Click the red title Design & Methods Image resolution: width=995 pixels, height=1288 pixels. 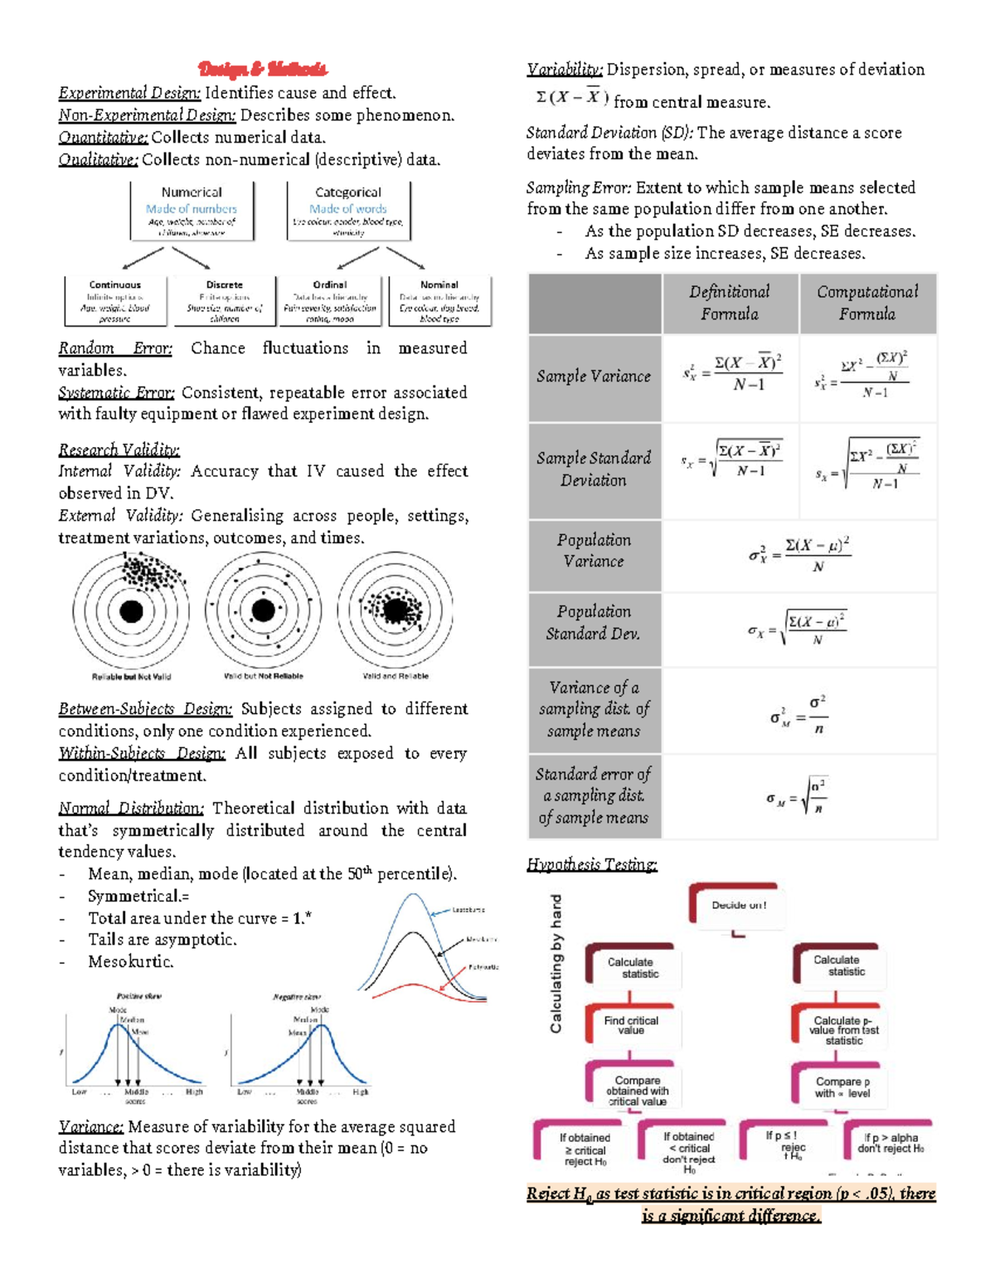262,69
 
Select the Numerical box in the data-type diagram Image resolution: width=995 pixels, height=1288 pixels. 192,211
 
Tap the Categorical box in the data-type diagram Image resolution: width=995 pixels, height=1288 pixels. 348,211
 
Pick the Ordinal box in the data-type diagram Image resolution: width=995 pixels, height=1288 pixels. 330,301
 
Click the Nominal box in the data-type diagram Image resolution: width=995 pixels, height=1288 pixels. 439,301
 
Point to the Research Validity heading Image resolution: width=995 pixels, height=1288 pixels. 119,450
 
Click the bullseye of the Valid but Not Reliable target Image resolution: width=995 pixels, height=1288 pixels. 263,610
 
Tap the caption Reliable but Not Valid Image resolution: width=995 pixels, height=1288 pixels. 131,677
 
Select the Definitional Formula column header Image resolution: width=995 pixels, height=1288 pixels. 730,303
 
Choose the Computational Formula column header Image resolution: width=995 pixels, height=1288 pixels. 867,303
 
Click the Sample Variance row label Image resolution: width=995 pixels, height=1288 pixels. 594,377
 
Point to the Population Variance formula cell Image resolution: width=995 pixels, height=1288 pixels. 799,555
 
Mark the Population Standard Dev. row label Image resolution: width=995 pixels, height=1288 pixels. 594,623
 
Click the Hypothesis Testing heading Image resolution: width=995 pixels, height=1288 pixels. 592,865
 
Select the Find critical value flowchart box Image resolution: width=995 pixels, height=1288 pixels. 631,1026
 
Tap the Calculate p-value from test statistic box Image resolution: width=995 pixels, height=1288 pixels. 843,1030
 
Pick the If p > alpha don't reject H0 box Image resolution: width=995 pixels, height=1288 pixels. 891,1144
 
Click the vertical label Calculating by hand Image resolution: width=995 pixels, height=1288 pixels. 556,963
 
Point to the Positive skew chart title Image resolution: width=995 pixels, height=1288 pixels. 138,996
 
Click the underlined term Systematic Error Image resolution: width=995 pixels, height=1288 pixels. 116,392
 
